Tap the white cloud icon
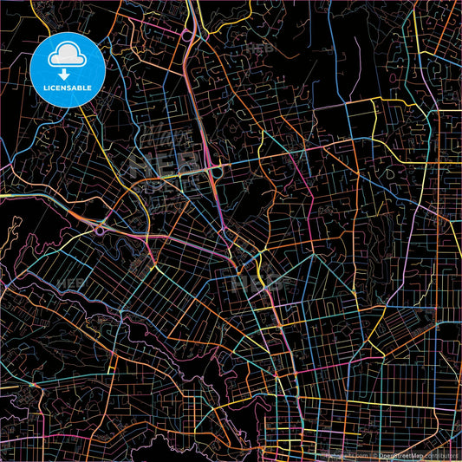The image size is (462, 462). (67, 55)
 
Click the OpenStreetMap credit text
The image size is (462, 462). (402, 454)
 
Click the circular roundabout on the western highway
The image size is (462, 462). (100, 230)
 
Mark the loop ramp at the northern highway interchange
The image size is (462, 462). (186, 36)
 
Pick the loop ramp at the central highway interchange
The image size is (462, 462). (217, 172)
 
